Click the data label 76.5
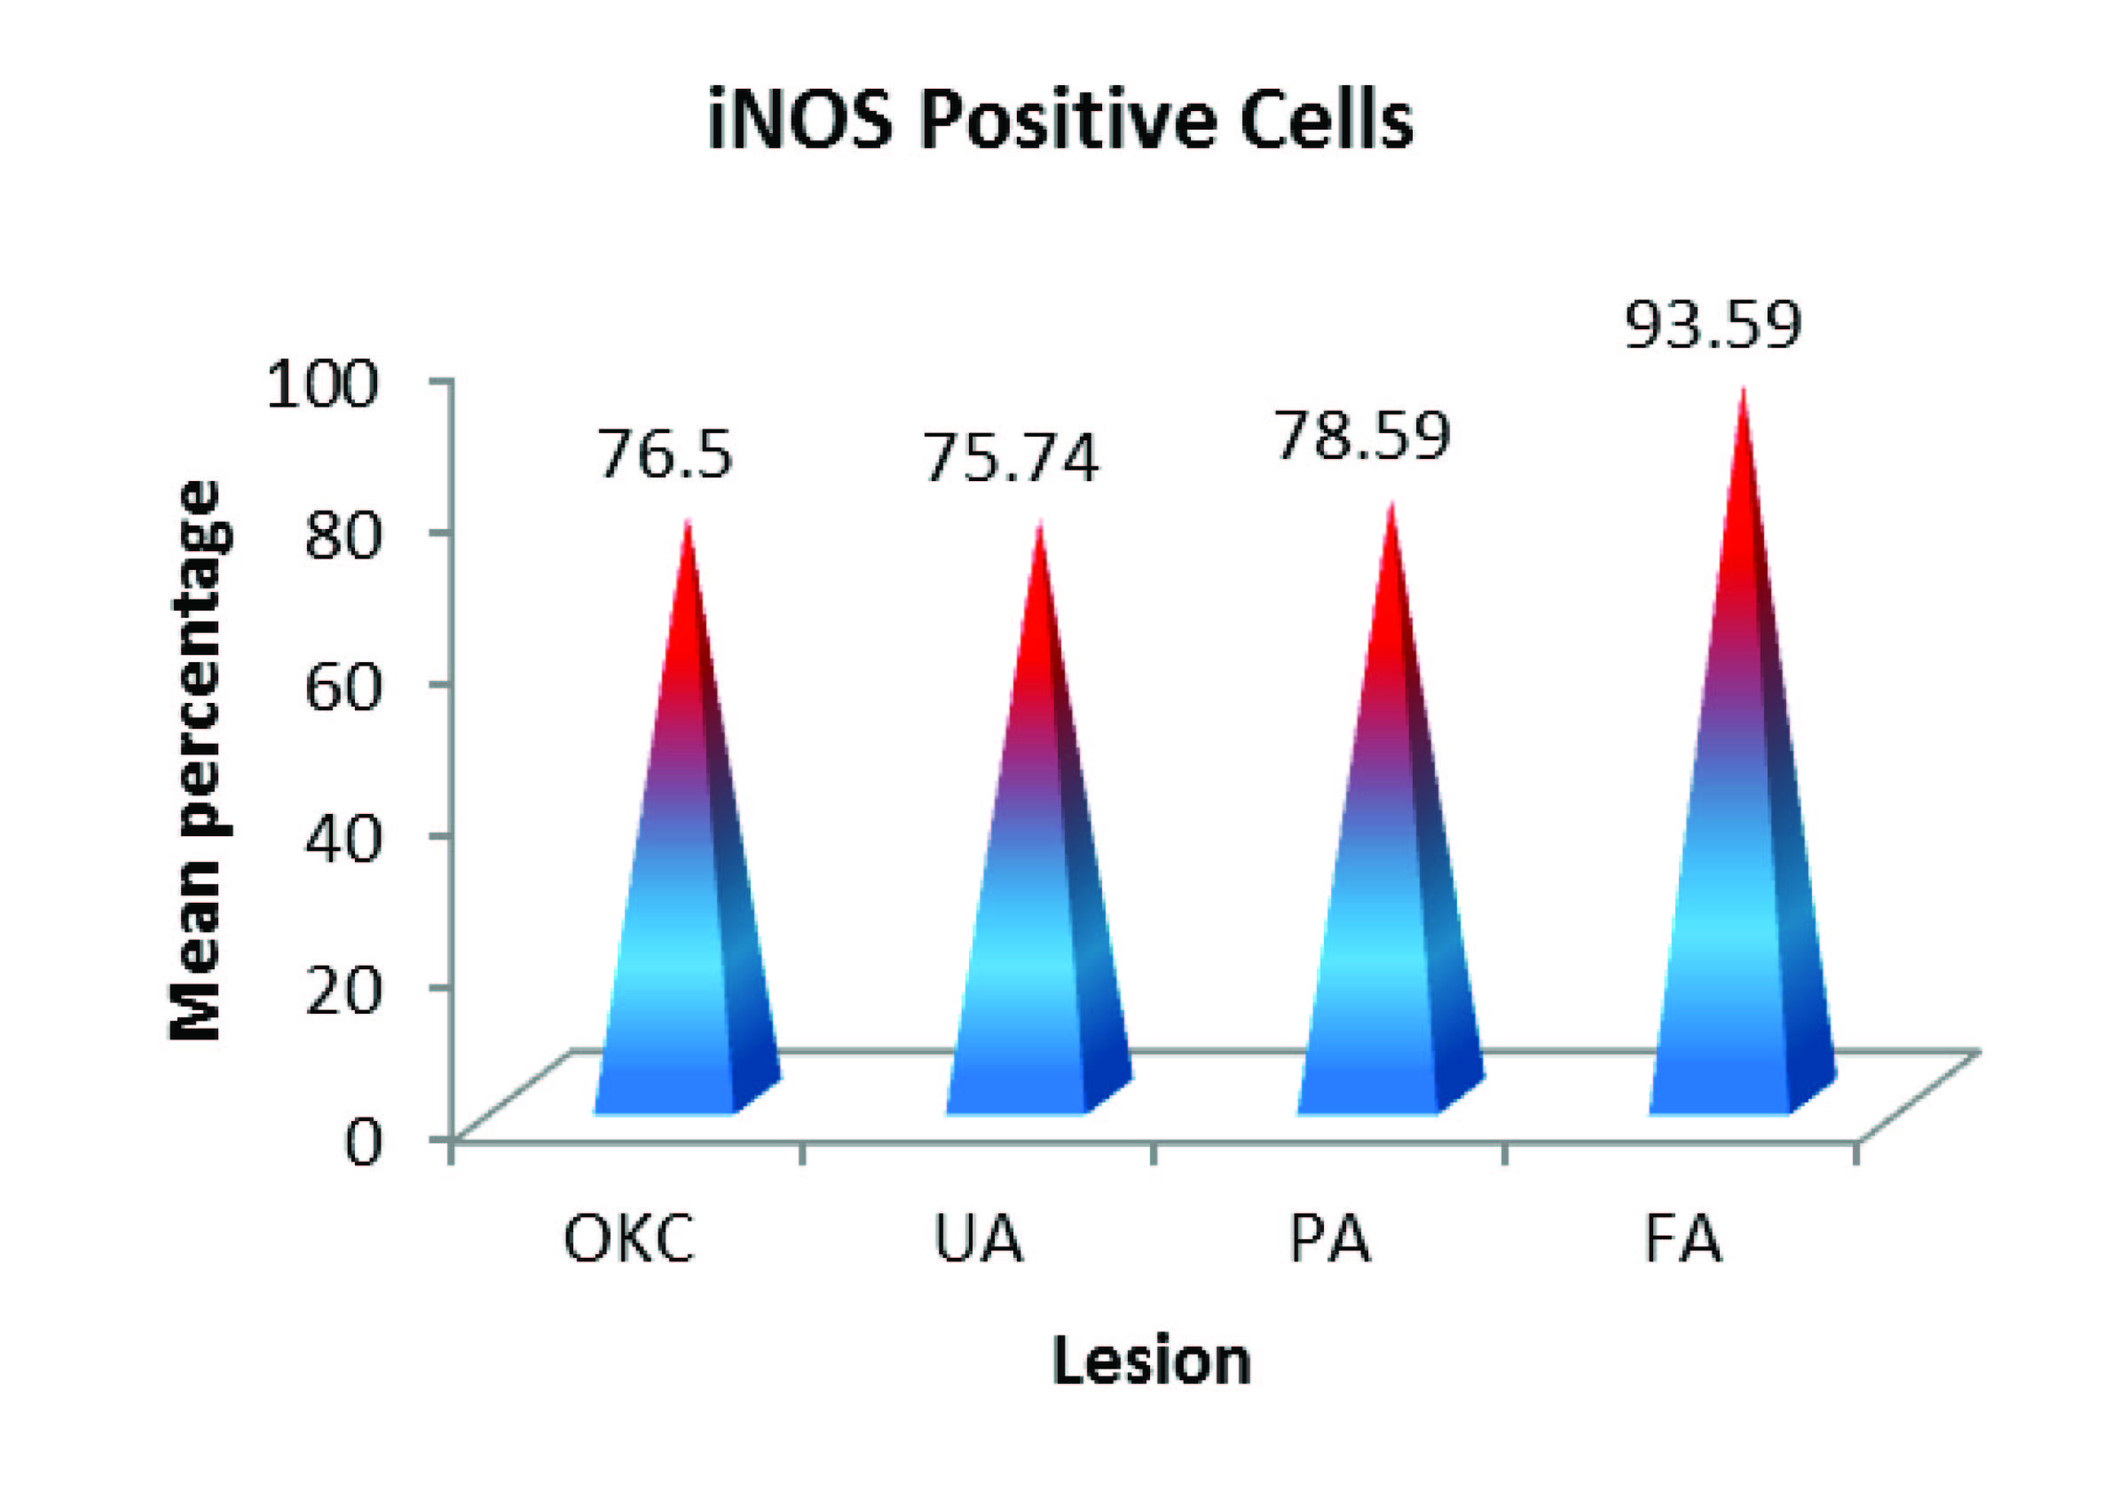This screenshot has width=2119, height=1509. pos(666,454)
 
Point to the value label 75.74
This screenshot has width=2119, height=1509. pos(1011,458)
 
